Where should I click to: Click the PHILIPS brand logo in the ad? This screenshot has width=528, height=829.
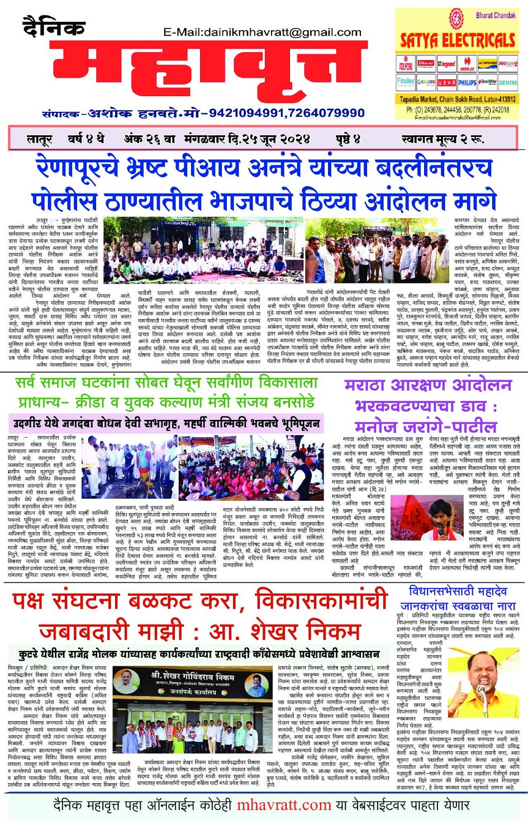[467, 82]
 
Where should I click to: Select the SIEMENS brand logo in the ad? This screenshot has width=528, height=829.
[508, 82]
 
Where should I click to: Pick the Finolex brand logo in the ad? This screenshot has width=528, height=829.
[406, 82]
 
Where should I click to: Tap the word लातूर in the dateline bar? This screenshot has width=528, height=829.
[40, 139]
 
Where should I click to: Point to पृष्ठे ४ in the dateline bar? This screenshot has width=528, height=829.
[349, 139]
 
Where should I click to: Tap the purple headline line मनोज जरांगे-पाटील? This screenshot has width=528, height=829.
[426, 427]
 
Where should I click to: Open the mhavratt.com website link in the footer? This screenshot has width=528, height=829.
[284, 806]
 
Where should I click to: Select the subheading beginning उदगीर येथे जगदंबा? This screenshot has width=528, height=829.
[167, 423]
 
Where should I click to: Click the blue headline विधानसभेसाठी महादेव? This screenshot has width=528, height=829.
[458, 591]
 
